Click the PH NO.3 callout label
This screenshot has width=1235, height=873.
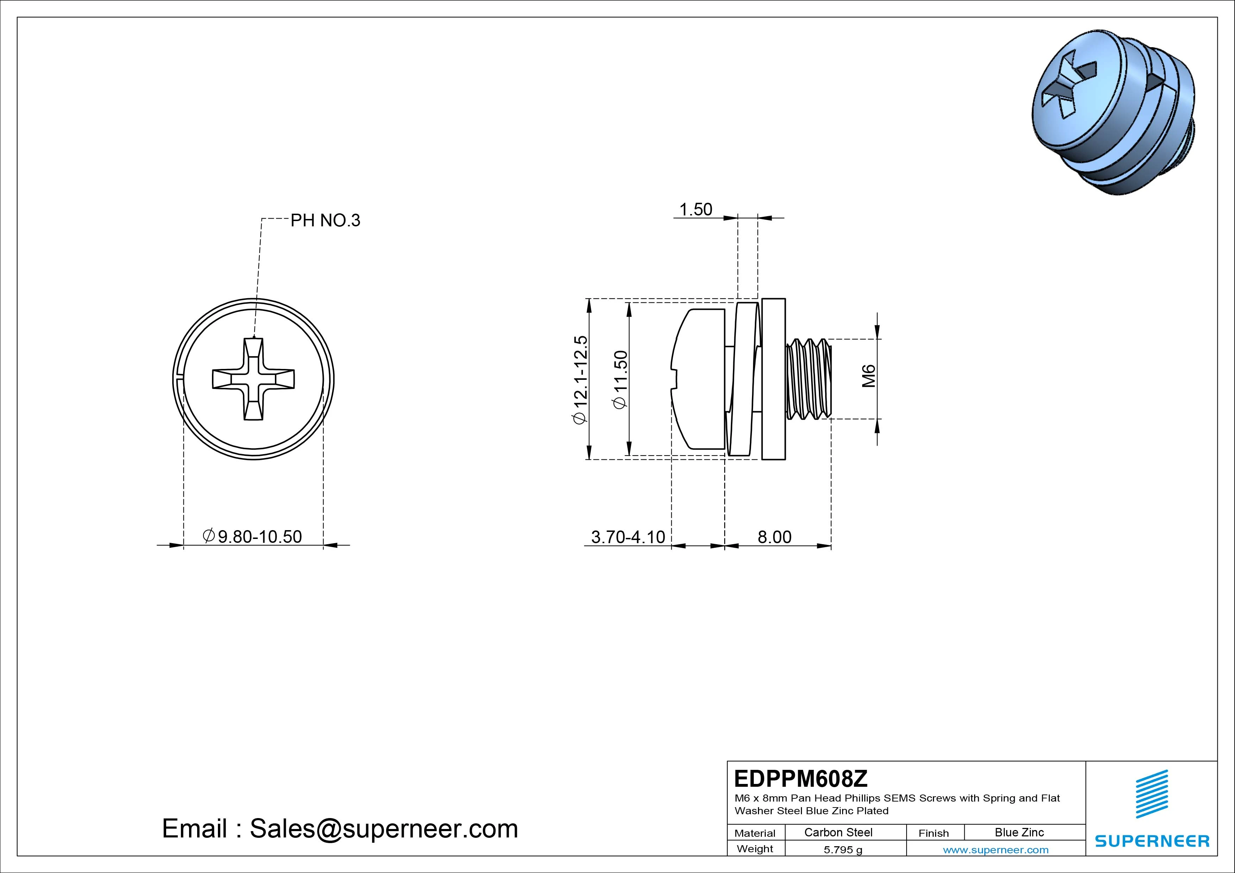[x=325, y=220]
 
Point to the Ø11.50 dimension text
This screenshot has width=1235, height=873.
[x=620, y=380]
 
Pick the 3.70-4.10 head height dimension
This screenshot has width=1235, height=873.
[x=628, y=537]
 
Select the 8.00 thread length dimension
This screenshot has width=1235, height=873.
[x=774, y=537]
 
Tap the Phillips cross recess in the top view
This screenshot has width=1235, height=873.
[x=253, y=379]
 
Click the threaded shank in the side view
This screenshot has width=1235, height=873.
[x=808, y=379]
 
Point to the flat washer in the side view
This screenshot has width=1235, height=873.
[x=773, y=379]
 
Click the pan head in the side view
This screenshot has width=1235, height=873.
[x=698, y=379]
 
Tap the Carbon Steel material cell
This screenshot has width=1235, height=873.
[x=838, y=833]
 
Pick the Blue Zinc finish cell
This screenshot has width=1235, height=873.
[x=1019, y=833]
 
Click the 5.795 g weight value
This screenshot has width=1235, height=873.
[x=843, y=850]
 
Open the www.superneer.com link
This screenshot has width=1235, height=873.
[x=996, y=850]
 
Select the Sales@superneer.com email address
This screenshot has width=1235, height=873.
[x=383, y=829]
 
